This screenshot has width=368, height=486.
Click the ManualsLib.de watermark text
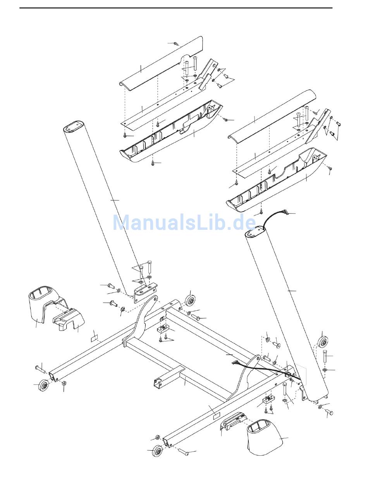tap(184, 222)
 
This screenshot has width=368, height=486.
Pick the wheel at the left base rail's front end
tap(43, 386)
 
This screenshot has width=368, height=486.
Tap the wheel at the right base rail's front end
tap(157, 452)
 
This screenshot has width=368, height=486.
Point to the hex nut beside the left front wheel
tap(64, 383)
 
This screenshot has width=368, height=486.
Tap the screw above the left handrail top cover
tap(176, 44)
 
